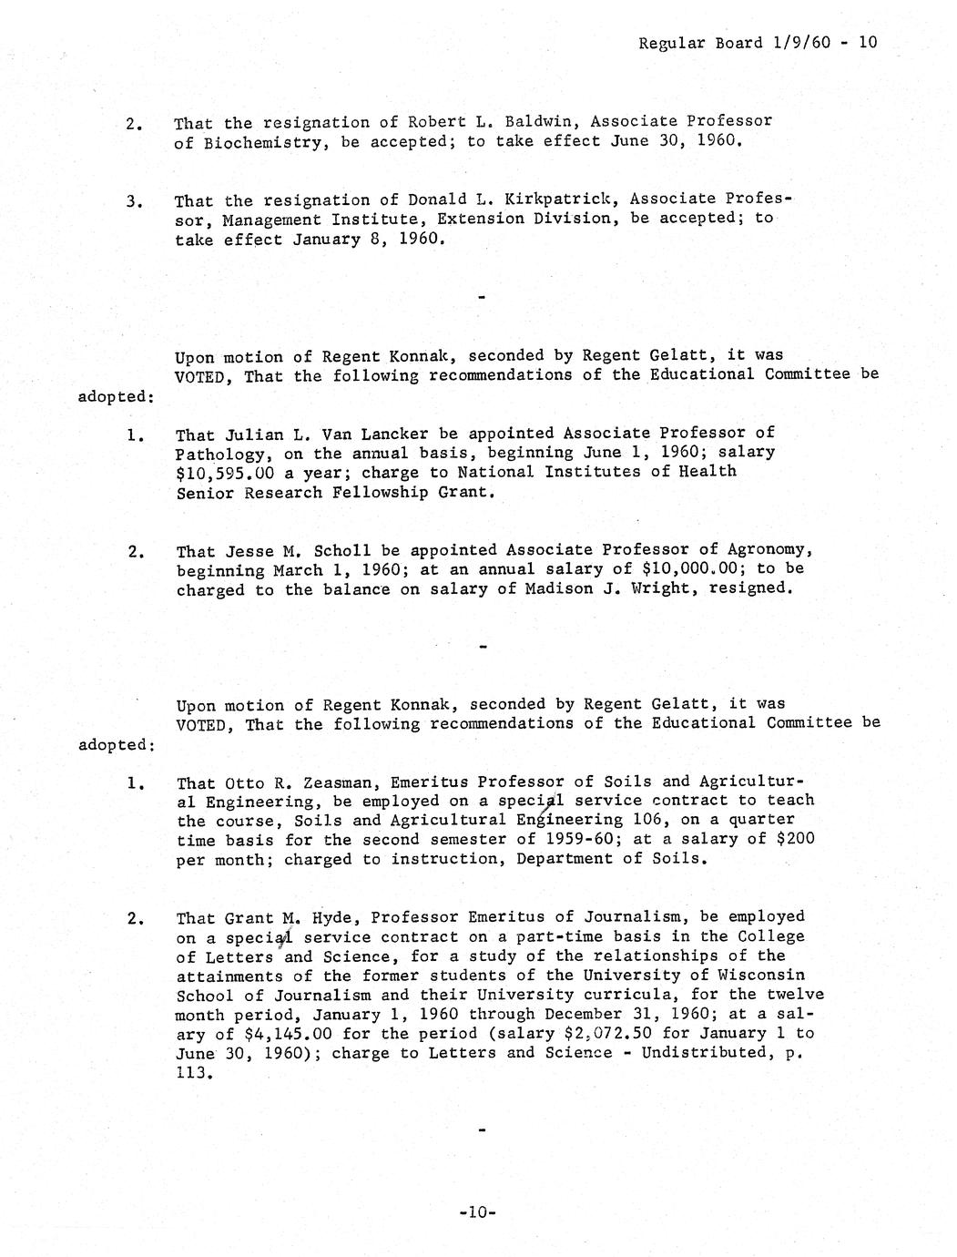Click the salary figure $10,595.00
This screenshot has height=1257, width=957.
[228, 473]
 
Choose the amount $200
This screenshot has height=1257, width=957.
[796, 839]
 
